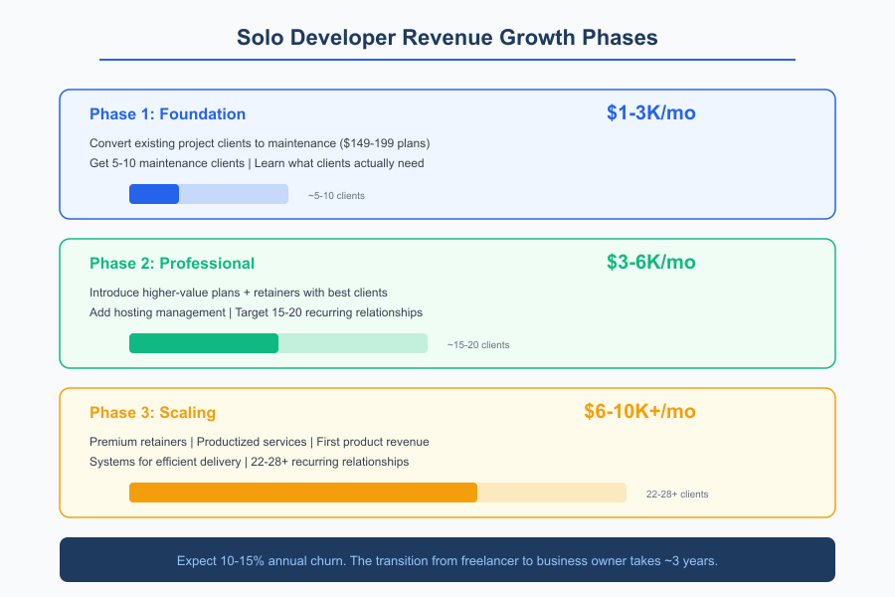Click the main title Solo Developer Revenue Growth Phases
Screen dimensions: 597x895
coord(447,38)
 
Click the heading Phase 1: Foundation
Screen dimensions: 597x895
coord(167,113)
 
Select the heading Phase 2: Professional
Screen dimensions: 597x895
coord(172,263)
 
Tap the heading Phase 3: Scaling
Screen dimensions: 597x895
coord(152,412)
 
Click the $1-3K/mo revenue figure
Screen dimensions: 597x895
coord(650,112)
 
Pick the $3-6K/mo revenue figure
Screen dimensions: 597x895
coord(650,262)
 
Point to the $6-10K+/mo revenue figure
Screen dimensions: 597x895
coord(639,411)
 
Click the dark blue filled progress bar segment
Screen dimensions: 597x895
coord(154,194)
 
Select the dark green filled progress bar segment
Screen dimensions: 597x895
coord(204,343)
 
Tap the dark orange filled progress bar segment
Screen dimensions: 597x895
coord(303,493)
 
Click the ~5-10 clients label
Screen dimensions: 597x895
coord(336,195)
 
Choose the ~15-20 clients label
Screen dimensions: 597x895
coord(478,344)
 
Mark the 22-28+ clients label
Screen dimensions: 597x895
coord(677,494)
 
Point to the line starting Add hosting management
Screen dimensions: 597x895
coord(256,312)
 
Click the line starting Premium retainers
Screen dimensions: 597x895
coord(259,442)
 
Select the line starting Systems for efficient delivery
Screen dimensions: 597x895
coord(249,462)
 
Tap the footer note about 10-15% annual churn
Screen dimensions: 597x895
coord(447,560)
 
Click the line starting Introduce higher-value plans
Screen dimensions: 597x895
coord(238,293)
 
